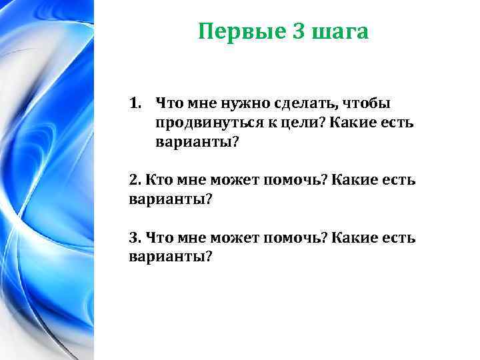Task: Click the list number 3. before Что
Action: click(134, 238)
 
